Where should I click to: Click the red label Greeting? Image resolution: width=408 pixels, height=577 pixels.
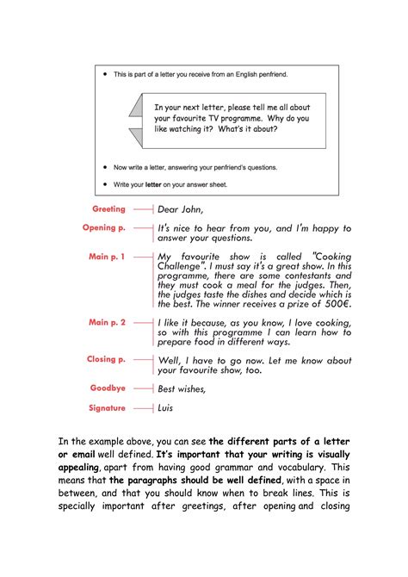tap(108, 209)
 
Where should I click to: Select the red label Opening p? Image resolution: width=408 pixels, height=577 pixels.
tap(104, 228)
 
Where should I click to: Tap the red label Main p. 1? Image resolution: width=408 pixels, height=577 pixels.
tap(107, 257)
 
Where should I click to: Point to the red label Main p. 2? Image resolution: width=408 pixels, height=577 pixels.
tap(107, 322)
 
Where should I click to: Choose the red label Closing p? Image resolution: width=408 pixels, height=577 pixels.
tap(106, 359)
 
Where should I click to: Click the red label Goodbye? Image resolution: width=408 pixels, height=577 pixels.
tap(108, 388)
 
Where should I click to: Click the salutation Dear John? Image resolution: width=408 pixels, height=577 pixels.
tap(180, 209)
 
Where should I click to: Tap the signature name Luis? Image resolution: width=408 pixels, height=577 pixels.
tap(165, 408)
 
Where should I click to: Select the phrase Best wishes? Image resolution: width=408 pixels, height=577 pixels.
tap(181, 389)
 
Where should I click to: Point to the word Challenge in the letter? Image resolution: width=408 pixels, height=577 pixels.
tap(187, 268)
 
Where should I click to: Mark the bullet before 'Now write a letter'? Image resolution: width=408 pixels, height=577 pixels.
tap(104, 167)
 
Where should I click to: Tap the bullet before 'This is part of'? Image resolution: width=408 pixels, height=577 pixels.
tap(104, 75)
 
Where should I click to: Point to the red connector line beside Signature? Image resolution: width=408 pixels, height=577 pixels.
tap(142, 408)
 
